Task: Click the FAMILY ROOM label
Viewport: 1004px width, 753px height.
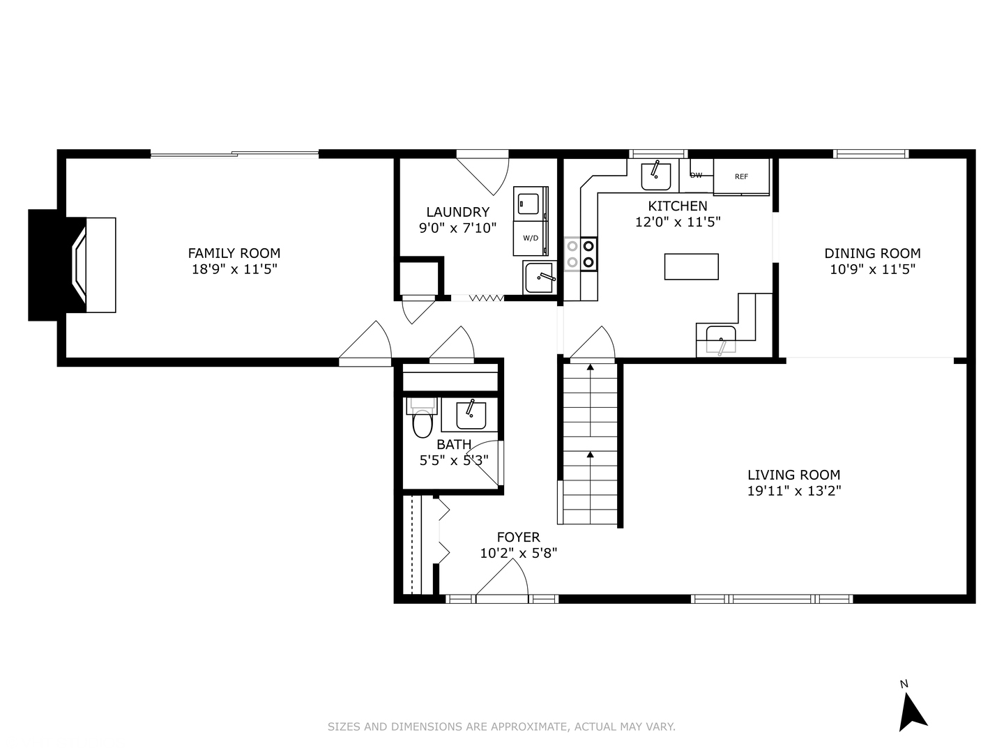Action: coord(234,253)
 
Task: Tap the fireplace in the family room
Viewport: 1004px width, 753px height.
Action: coord(73,265)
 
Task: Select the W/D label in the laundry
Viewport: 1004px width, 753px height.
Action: coord(531,238)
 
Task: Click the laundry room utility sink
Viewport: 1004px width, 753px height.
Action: coord(540,277)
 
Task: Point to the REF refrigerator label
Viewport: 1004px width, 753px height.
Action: coord(741,176)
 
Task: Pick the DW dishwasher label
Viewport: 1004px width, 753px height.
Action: coord(696,175)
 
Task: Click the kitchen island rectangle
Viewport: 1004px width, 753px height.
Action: coord(691,266)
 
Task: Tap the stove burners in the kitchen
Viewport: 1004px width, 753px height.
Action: coord(581,254)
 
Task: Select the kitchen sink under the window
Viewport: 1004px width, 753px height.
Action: coord(656,176)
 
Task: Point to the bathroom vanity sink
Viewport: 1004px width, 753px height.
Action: coord(471,415)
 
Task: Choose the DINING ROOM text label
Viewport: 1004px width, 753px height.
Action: coord(872,253)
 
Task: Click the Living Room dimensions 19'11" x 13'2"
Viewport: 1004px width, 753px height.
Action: coord(794,491)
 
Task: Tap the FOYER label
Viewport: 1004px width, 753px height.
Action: coord(519,537)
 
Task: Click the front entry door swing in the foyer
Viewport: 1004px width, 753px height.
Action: coord(502,578)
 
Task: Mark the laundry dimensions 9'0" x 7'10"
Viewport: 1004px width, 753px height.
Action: coord(458,228)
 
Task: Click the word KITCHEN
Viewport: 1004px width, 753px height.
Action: coord(678,206)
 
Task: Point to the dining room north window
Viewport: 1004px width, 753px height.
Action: coord(871,153)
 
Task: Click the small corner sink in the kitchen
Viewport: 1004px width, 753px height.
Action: coord(721,340)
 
